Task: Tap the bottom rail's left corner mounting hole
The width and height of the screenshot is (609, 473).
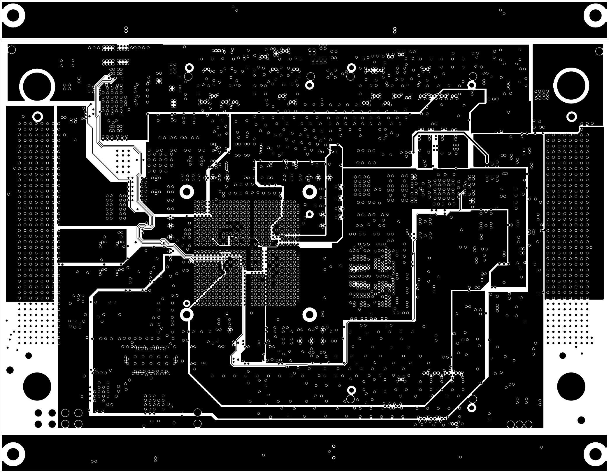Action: (13, 454)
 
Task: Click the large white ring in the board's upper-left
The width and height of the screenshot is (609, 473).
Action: (37, 86)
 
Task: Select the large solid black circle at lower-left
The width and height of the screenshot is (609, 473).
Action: (37, 386)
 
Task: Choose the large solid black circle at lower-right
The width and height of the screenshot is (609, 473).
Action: (571, 386)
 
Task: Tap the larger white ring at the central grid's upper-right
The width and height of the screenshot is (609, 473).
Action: (310, 191)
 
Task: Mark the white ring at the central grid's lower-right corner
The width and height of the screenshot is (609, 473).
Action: (310, 315)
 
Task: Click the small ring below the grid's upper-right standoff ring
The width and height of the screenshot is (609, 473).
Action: (310, 214)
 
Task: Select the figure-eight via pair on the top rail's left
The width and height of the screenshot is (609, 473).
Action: (126, 29)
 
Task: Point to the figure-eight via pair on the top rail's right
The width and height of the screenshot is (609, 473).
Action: (395, 30)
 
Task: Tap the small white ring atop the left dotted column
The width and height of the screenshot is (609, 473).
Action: (37, 117)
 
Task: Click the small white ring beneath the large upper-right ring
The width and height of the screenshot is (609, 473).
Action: (572, 117)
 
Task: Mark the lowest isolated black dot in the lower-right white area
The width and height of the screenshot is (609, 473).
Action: (581, 420)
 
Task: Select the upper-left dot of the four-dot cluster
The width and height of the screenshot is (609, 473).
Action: (38, 413)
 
